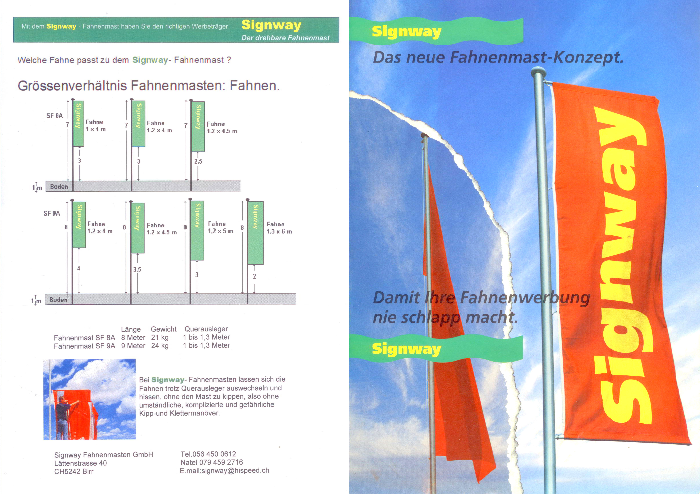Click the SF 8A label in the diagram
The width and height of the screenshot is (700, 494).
click(x=55, y=115)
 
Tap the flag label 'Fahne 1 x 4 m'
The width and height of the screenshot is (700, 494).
click(x=95, y=125)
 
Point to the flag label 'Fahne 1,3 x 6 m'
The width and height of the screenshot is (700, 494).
click(x=279, y=228)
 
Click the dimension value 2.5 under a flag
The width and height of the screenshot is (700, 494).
click(x=198, y=161)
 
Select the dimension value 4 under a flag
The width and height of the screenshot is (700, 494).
click(x=79, y=268)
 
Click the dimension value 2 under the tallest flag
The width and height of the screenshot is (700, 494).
click(x=254, y=276)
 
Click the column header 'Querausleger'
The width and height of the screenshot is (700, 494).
click(x=206, y=329)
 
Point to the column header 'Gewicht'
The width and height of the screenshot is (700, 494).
click(x=164, y=329)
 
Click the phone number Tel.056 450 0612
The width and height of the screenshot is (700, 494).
click(x=208, y=454)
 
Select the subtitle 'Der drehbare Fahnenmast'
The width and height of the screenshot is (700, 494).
click(x=285, y=38)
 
